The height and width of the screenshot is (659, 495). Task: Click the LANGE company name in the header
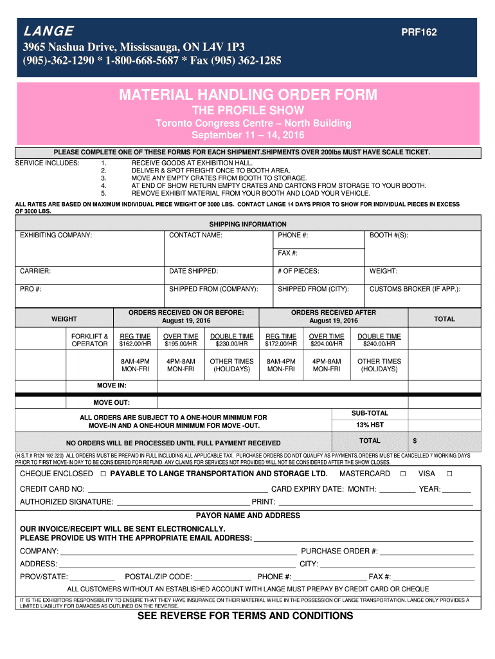48,32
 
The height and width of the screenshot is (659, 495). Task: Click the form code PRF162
419,32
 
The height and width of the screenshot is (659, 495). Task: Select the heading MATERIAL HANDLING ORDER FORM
248,95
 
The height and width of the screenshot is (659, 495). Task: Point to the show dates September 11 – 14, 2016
248,135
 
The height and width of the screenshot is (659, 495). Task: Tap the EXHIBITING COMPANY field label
56,235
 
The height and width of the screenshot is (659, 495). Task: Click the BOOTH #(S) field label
388,235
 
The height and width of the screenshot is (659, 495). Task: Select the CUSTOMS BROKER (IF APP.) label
415,289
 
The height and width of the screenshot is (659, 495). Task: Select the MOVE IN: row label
111,385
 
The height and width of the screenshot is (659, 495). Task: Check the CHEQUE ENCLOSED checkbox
103,474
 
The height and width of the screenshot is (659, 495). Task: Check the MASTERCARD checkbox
402,474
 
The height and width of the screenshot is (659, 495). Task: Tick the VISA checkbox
449,474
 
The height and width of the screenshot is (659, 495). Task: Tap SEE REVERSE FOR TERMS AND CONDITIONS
246,616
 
